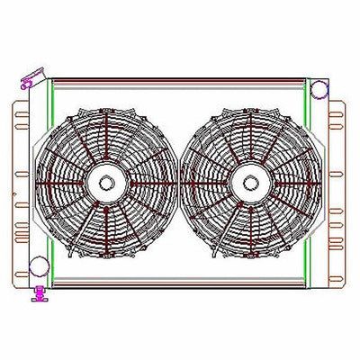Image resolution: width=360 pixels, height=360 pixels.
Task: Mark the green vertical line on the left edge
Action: click(51, 180)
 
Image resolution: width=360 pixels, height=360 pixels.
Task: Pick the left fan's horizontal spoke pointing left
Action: click(70, 183)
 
